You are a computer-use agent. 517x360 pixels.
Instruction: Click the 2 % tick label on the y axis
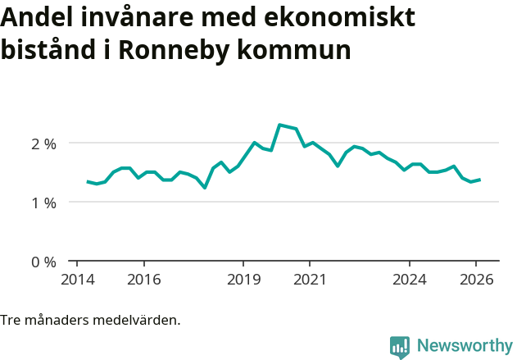39,144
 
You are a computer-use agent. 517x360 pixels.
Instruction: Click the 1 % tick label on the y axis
39,203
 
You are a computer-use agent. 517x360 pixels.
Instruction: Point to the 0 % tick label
39,262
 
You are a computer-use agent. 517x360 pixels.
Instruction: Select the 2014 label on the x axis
77,280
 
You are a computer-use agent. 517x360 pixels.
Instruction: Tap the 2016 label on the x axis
143,280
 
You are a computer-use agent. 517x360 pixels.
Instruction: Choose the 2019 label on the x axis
243,280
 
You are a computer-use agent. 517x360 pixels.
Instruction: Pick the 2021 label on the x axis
310,280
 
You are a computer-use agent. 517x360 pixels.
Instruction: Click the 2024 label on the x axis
410,280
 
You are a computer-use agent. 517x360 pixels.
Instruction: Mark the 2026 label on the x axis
476,280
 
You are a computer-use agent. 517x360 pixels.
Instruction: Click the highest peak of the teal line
279,125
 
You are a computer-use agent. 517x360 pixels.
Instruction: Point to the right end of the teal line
479,180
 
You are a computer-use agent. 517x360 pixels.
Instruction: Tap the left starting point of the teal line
88,181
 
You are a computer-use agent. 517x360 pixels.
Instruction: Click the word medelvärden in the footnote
137,320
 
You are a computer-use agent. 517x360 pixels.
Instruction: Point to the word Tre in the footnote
11,320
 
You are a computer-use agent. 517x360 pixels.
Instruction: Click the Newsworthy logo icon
400,346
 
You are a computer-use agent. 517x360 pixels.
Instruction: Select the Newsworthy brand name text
464,345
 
